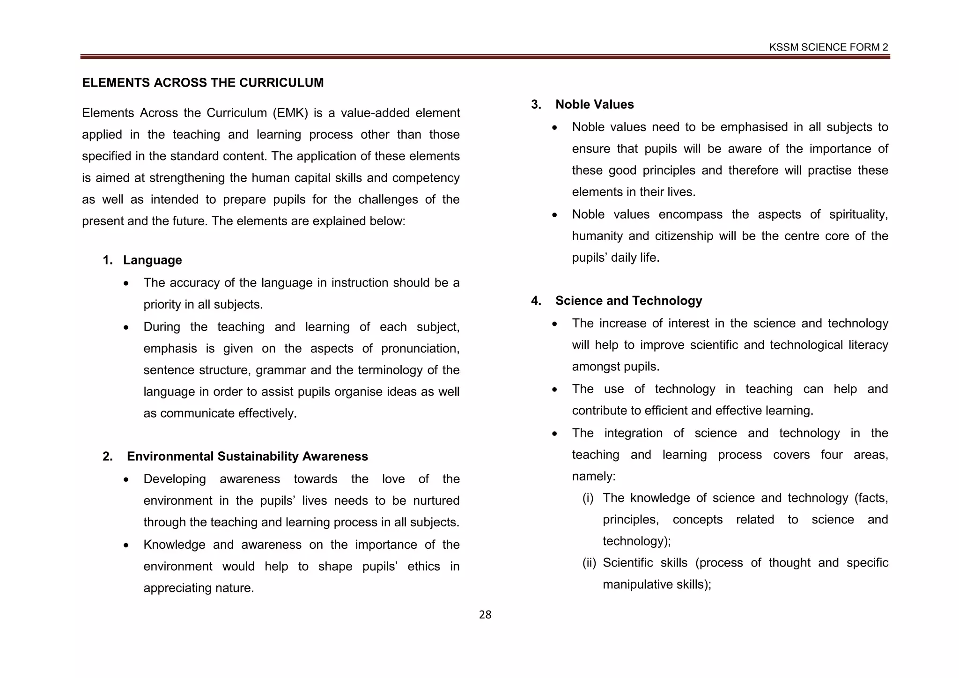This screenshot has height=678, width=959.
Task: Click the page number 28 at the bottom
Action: coord(485,615)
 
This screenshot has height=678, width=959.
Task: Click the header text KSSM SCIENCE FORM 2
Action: coord(828,47)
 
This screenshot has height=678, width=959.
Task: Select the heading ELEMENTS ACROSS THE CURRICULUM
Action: coord(203,83)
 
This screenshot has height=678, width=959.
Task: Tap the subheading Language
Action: coord(152,260)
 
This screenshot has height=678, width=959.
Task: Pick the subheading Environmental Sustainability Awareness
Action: coord(247,457)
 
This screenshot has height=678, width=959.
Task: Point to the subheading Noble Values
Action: coord(594,104)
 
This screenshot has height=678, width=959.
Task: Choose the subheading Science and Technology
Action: coord(628,301)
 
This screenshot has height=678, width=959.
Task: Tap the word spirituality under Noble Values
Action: coord(858,214)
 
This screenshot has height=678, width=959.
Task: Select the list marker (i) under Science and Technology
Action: coord(588,498)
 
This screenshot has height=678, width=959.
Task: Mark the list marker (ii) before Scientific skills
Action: coord(589,563)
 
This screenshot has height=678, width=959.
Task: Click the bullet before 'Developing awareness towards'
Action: coord(126,480)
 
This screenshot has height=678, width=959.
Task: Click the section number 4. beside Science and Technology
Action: coord(536,301)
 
